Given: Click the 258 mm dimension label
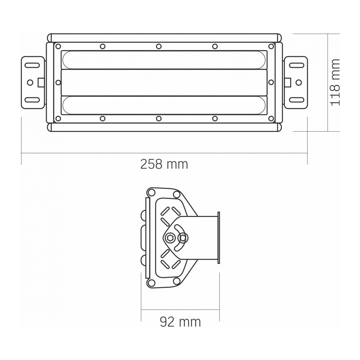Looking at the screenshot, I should coord(164,164).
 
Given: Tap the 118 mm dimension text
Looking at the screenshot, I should coord(335,82).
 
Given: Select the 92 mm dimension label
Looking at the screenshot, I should coord(180,322).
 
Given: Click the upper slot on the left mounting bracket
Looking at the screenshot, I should coord(32,65).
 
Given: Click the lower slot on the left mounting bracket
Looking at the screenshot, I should coord(32,100).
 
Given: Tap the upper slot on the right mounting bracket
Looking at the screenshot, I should coord(297,65).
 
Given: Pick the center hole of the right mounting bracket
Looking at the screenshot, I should coord(298,82).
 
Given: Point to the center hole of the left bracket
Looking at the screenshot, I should coord(30,82).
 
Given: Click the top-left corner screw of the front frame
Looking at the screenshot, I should coord(58,46).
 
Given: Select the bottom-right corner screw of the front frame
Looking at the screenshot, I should coord(271,118).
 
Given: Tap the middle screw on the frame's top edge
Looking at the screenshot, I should coord(159,46).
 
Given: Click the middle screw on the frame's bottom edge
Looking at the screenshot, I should coord(159,118).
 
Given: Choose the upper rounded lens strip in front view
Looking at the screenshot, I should coord(164,60).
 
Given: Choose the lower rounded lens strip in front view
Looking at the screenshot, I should coord(164,105).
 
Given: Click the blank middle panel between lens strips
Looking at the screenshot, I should coord(164,83).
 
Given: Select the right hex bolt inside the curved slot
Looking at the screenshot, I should coord(182,238).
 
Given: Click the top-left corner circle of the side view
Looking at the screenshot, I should coord(152,192).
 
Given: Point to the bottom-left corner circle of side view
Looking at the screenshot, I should coord(152,283).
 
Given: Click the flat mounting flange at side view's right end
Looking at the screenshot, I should coord(219,238).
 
